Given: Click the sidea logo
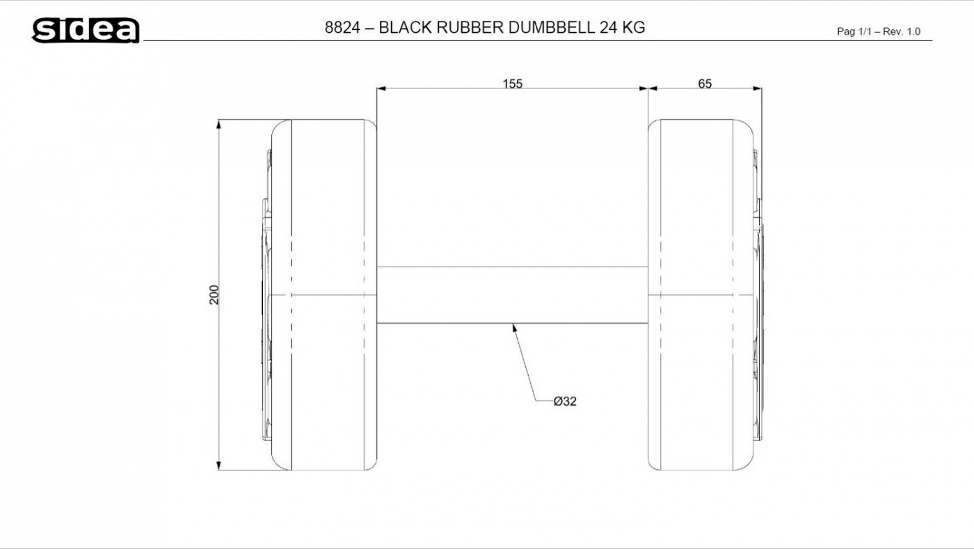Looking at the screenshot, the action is (x=86, y=31).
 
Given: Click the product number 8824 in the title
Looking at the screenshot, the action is (x=342, y=27).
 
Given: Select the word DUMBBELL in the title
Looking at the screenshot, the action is (x=551, y=27).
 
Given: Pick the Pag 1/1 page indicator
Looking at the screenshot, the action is (x=853, y=31).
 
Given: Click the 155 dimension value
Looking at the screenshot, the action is (x=512, y=83).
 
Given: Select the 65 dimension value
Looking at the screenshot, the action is (x=704, y=83).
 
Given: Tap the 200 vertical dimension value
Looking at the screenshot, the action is (x=214, y=295).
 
